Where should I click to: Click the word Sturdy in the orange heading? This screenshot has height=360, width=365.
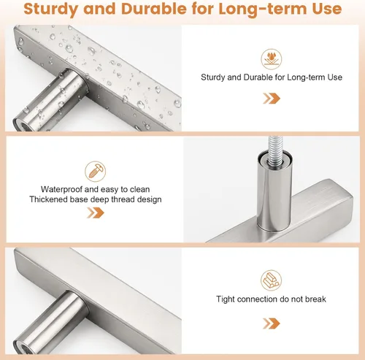51,9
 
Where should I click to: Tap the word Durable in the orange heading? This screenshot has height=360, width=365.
154,9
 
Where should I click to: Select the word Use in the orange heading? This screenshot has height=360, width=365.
327,9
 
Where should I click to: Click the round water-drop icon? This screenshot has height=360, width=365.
272,59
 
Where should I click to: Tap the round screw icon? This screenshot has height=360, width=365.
96,172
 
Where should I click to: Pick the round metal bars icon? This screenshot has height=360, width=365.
271,280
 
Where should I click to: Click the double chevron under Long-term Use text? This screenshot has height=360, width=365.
272,99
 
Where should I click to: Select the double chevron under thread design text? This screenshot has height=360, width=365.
96,212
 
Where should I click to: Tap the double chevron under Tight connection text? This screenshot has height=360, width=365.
272,323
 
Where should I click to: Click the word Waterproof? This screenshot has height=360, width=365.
62,190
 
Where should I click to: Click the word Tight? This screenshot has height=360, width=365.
226,299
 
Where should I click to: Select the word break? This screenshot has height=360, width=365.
315,299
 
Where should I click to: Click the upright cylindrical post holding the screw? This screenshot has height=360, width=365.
275,191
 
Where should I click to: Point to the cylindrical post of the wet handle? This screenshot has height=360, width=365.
50,100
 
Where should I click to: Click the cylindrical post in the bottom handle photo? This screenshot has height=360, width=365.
50,323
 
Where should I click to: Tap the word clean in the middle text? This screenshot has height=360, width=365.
139,189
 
